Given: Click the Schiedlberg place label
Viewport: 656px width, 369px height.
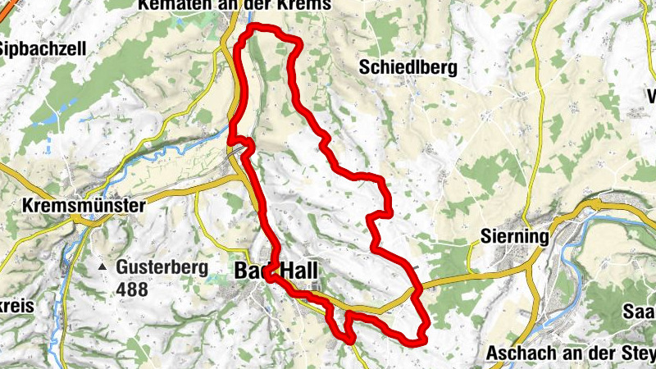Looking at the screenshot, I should coord(408,68).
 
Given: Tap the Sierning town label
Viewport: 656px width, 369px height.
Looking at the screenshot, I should coord(512,237).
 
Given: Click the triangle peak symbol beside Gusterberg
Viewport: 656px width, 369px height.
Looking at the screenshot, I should coord(102,267).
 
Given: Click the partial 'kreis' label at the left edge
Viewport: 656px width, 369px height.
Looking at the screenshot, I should coord(16,307).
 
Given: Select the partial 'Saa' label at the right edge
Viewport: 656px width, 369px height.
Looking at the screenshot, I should coord(640,312).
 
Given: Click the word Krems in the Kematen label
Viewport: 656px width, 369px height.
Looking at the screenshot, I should coord(307,6).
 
